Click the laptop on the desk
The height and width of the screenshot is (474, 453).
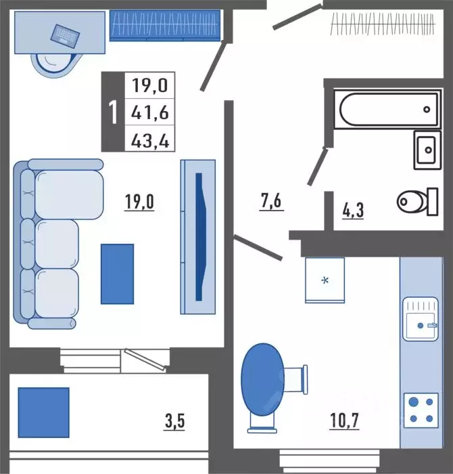point(65,37)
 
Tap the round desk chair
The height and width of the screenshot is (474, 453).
point(54,66)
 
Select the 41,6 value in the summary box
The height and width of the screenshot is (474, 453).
point(150,112)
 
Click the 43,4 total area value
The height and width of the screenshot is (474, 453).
point(150,140)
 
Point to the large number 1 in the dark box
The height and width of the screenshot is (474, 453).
point(113,112)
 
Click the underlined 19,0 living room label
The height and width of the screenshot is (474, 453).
point(139,202)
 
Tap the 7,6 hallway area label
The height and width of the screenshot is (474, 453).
point(271,200)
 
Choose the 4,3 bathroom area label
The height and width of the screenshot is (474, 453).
point(353,210)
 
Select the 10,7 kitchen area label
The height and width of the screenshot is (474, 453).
point(344,421)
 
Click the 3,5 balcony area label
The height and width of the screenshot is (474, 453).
point(174,421)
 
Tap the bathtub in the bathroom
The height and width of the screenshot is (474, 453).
point(388,109)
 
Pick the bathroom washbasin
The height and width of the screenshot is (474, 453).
point(427,150)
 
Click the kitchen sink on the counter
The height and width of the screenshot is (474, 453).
point(421,319)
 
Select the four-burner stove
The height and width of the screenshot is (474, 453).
point(421,410)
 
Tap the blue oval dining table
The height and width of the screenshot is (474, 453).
point(263,379)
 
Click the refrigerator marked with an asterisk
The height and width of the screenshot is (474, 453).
point(325,280)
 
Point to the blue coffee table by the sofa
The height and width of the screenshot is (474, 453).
point(117,274)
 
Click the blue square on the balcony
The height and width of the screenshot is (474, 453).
point(44,412)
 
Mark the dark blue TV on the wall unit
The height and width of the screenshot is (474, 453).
point(200,237)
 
